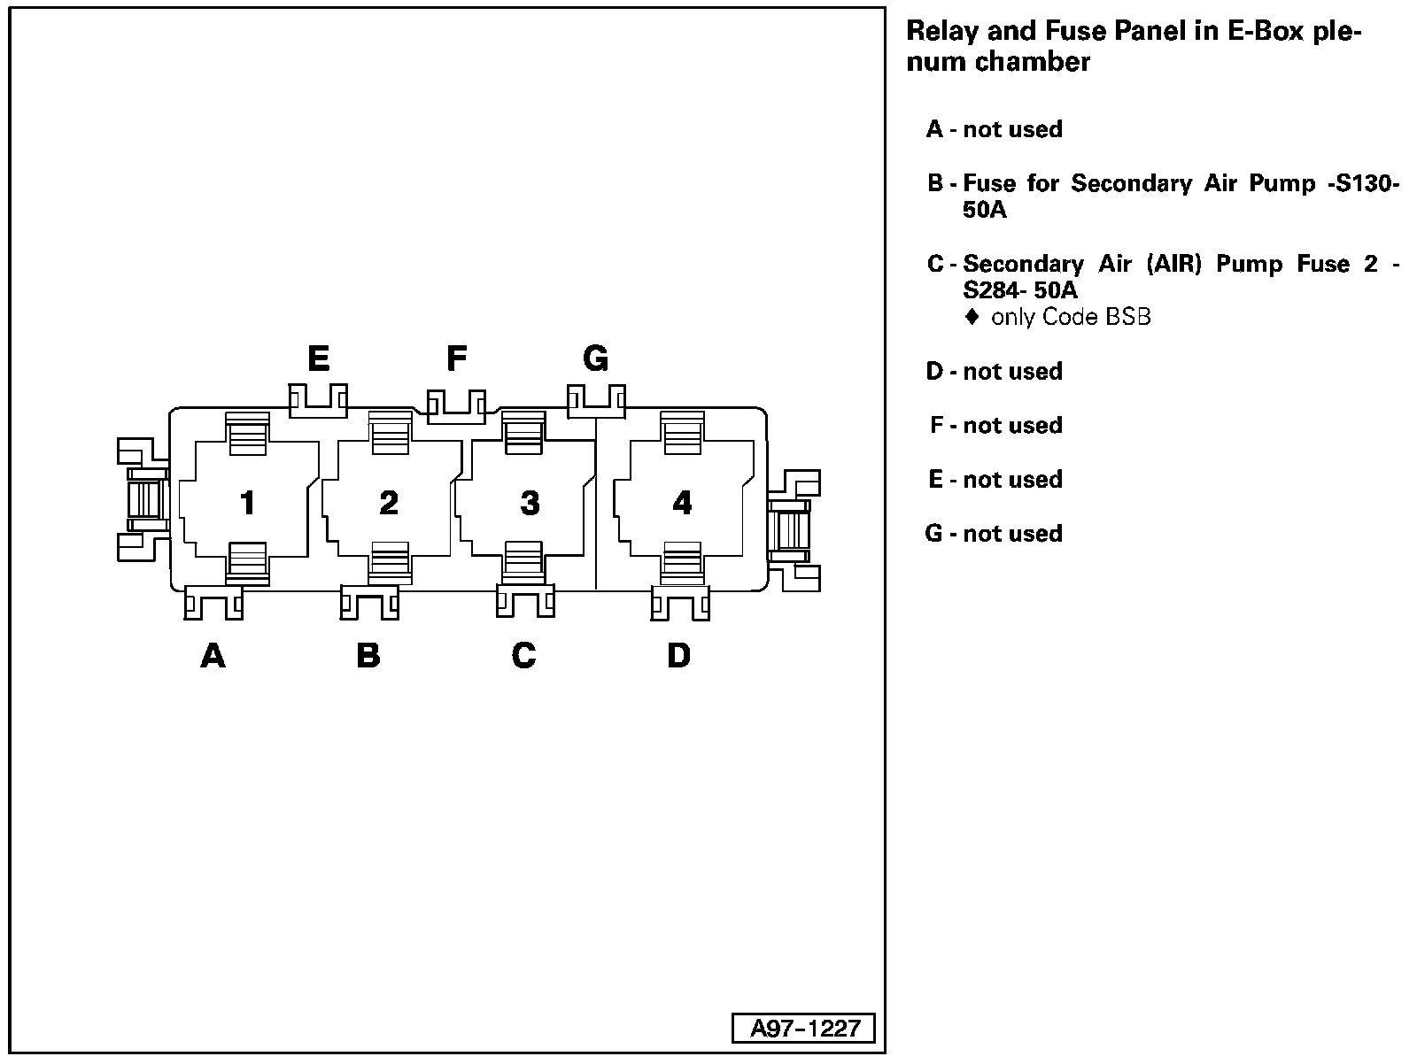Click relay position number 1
tap(248, 503)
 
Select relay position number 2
tap(389, 503)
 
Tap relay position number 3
tap(530, 503)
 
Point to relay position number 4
tap(682, 503)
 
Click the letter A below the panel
tap(213, 656)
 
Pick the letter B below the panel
tap(368, 656)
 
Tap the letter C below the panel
tap(523, 656)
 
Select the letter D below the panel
tap(678, 656)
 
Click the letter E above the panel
tap(318, 359)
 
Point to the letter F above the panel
tap(456, 359)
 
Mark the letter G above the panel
tap(595, 359)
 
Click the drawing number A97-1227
tap(805, 1028)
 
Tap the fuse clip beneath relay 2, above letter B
tap(369, 603)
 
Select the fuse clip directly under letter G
tap(595, 400)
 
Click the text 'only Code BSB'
tap(1070, 317)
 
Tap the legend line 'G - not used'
tap(994, 534)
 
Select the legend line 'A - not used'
tap(994, 129)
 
